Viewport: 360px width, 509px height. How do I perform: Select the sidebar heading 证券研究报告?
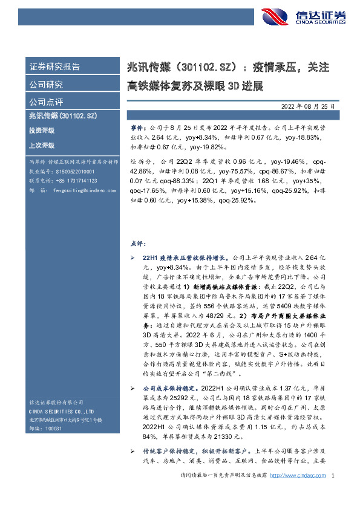[x=54, y=66]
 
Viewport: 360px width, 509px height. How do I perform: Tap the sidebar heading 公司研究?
[x=46, y=84]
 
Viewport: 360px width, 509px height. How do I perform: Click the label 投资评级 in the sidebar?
[x=42, y=130]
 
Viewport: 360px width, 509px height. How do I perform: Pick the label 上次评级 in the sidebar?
[x=42, y=146]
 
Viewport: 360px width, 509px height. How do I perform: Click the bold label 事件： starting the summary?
[x=138, y=129]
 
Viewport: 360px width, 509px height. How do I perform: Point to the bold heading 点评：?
[x=137, y=243]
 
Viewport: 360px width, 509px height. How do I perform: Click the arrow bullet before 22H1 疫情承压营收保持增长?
[x=133, y=258]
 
